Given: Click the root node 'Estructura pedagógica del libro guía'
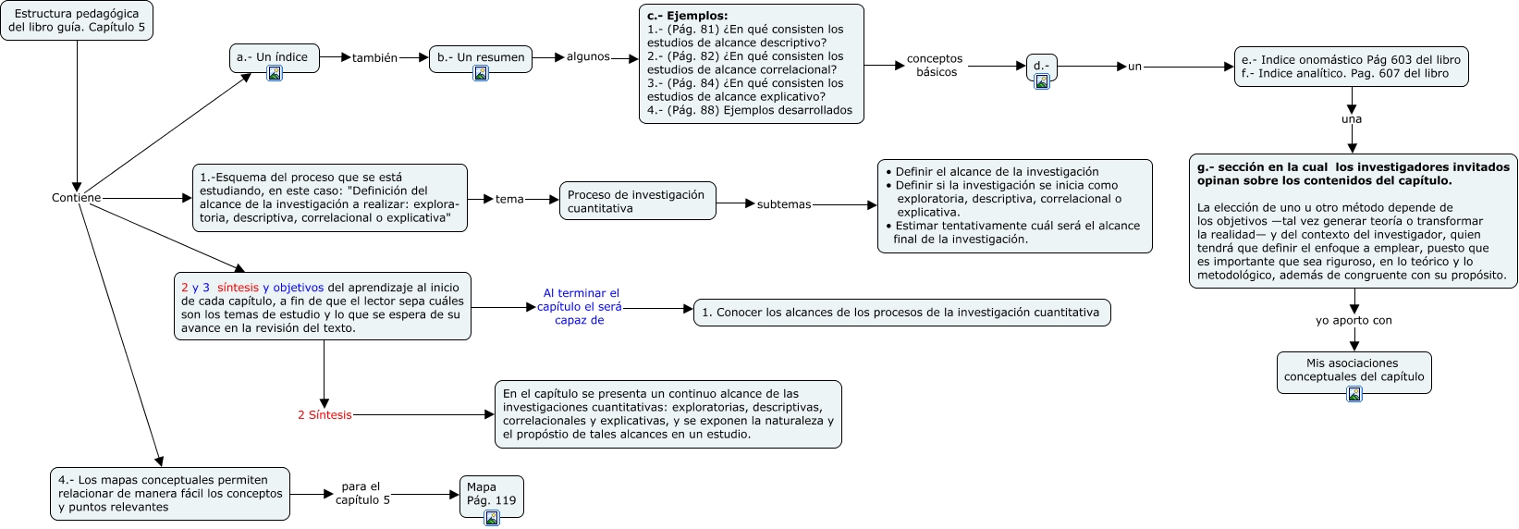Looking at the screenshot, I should [77, 21].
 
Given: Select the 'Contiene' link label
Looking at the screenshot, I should [76, 198].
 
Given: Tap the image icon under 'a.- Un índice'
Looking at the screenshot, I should [275, 74].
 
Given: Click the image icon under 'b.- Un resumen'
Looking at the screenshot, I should [481, 74].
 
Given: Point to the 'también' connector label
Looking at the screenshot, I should [374, 58].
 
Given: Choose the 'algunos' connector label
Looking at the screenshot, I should [588, 57].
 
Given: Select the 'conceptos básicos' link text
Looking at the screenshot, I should [935, 66].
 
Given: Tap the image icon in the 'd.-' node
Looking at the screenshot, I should [1042, 81].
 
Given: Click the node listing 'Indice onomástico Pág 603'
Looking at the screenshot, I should [1351, 68].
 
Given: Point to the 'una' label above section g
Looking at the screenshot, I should [1352, 119].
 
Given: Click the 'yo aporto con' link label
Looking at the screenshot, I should [1354, 321].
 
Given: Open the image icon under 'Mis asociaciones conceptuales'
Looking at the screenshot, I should [1354, 394].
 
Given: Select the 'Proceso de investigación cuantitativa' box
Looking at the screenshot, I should [637, 201].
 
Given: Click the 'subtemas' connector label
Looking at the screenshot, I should [783, 204].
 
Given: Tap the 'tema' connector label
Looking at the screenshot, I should [509, 200].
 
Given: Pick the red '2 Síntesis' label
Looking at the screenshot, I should [325, 415].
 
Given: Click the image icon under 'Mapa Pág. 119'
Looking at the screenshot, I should [492, 518].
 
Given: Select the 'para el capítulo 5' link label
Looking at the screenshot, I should [361, 494].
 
